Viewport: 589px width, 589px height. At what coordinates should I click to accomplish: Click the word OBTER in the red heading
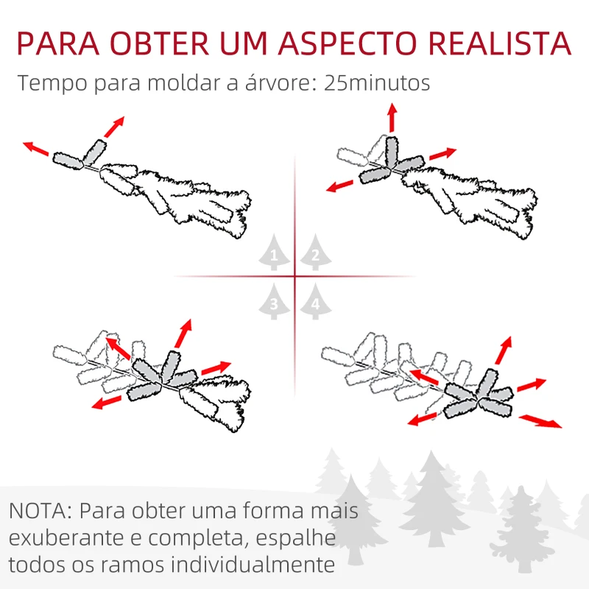click(x=160, y=43)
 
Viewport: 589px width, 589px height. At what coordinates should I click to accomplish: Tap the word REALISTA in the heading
click(x=500, y=43)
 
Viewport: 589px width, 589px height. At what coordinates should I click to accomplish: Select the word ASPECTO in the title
click(x=348, y=43)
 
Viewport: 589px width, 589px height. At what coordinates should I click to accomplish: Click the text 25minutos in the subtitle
click(x=377, y=83)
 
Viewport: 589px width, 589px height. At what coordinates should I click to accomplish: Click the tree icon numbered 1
click(x=274, y=253)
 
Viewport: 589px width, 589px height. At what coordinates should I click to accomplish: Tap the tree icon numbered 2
click(x=316, y=253)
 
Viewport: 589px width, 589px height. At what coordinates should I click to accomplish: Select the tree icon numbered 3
click(x=274, y=302)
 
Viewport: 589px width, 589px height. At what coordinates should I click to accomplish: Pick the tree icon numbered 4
click(x=316, y=302)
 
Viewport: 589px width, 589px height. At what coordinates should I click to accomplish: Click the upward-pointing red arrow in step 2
click(x=392, y=117)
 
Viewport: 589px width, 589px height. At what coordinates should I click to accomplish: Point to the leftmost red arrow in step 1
click(x=35, y=149)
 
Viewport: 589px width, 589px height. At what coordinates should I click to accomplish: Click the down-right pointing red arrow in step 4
click(x=540, y=421)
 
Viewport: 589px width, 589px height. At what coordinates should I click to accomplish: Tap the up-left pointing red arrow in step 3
click(x=118, y=348)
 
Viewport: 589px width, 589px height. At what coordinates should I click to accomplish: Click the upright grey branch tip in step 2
click(x=391, y=152)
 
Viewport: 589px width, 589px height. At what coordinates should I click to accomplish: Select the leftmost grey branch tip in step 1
click(x=68, y=161)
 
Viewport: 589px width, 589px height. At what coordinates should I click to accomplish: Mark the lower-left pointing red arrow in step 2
click(x=339, y=186)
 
